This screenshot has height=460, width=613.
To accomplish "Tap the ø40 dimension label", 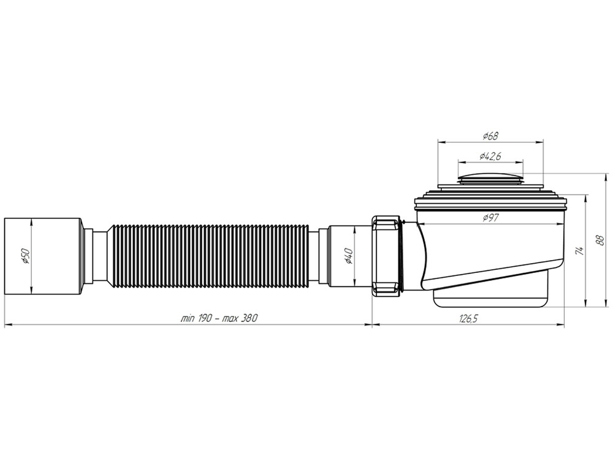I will (348, 255).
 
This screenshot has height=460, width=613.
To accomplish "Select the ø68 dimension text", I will (490, 135).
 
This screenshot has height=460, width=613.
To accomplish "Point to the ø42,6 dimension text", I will (490, 156).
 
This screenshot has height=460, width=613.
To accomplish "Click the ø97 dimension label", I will (490, 217).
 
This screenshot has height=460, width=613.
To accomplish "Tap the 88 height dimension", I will (598, 242).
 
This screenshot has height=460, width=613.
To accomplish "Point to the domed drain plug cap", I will (490, 178).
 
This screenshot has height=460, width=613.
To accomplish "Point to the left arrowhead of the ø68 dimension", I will (440, 141).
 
